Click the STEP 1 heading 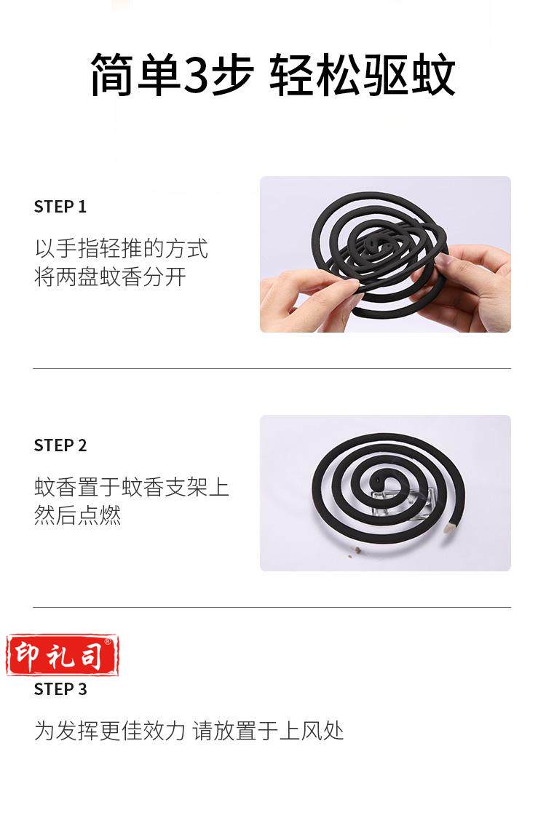coord(60,207)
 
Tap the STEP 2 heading coord(60,445)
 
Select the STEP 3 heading coord(60,689)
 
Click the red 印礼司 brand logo coord(63,655)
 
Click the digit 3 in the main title coord(197,75)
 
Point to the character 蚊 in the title coord(433,75)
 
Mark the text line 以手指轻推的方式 coord(122,249)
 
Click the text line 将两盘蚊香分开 coord(111,277)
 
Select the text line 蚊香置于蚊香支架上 coord(132,488)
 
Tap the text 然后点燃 coord(78,516)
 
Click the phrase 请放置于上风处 coord(268,731)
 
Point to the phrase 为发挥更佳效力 coord(110,731)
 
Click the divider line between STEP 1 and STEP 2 coord(272,368)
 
